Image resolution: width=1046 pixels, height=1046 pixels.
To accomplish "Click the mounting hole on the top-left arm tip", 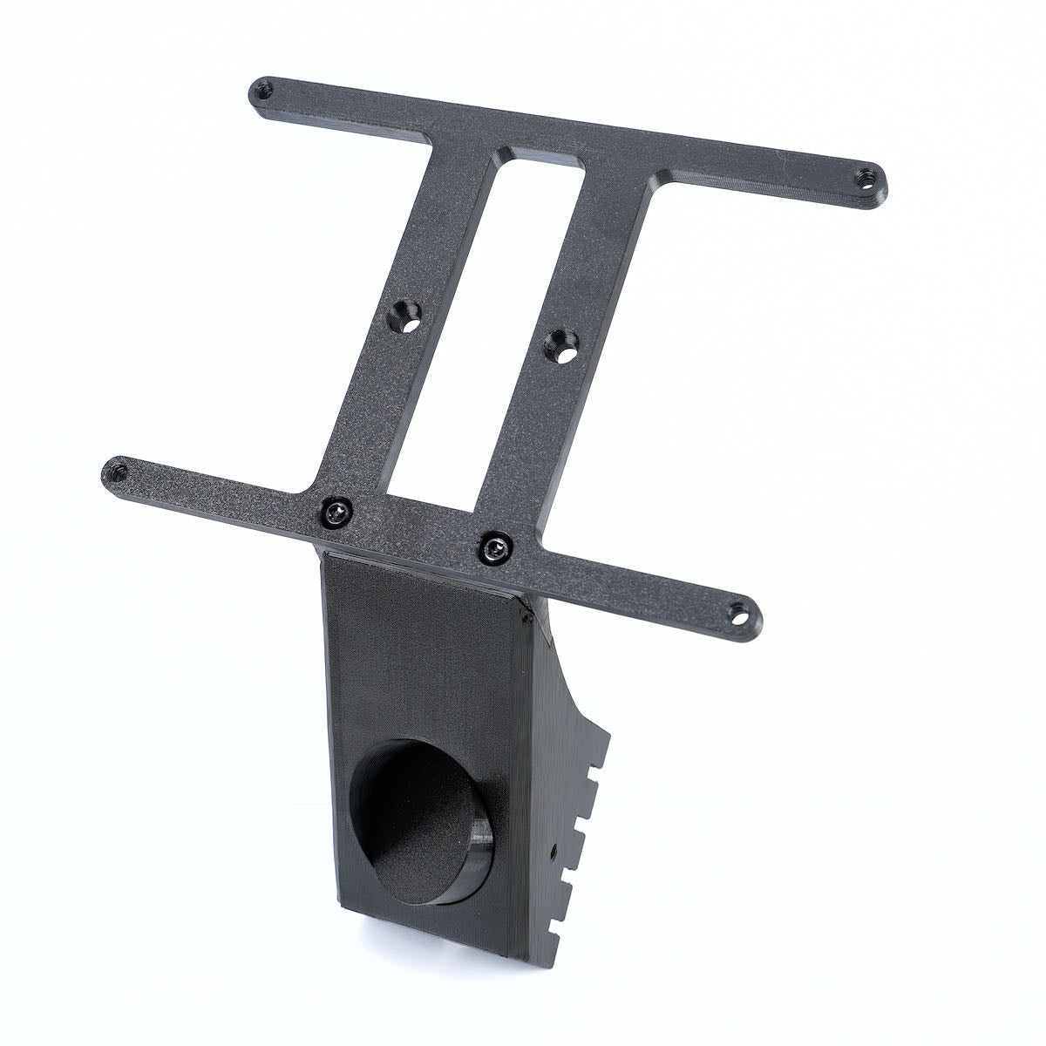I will click(x=262, y=89).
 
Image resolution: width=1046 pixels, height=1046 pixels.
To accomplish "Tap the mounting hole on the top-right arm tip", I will click(x=866, y=175).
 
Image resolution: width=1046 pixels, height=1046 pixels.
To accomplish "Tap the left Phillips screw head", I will click(x=336, y=511).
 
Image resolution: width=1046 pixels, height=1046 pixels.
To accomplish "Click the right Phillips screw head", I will click(x=495, y=547).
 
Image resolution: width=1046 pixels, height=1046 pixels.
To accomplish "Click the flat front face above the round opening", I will click(x=418, y=645).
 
